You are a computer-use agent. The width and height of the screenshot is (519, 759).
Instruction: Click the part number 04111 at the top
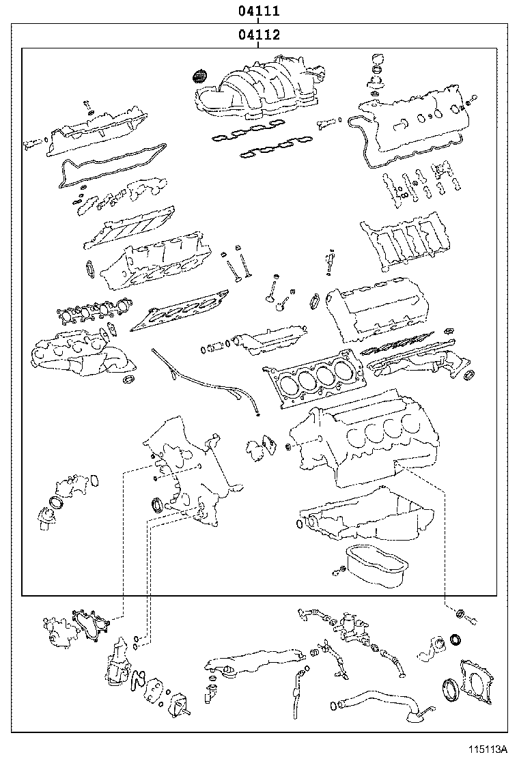(x=259, y=11)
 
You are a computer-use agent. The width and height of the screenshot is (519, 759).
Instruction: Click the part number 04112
(x=259, y=35)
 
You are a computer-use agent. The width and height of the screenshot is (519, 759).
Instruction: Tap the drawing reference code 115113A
(x=487, y=749)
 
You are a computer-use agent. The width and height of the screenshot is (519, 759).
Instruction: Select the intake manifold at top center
(x=259, y=92)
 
